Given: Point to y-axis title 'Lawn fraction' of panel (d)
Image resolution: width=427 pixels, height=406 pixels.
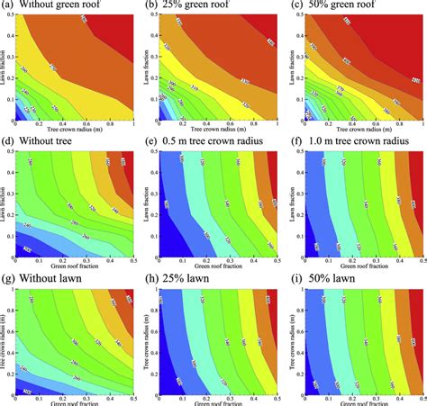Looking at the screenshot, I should tap(5, 202).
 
